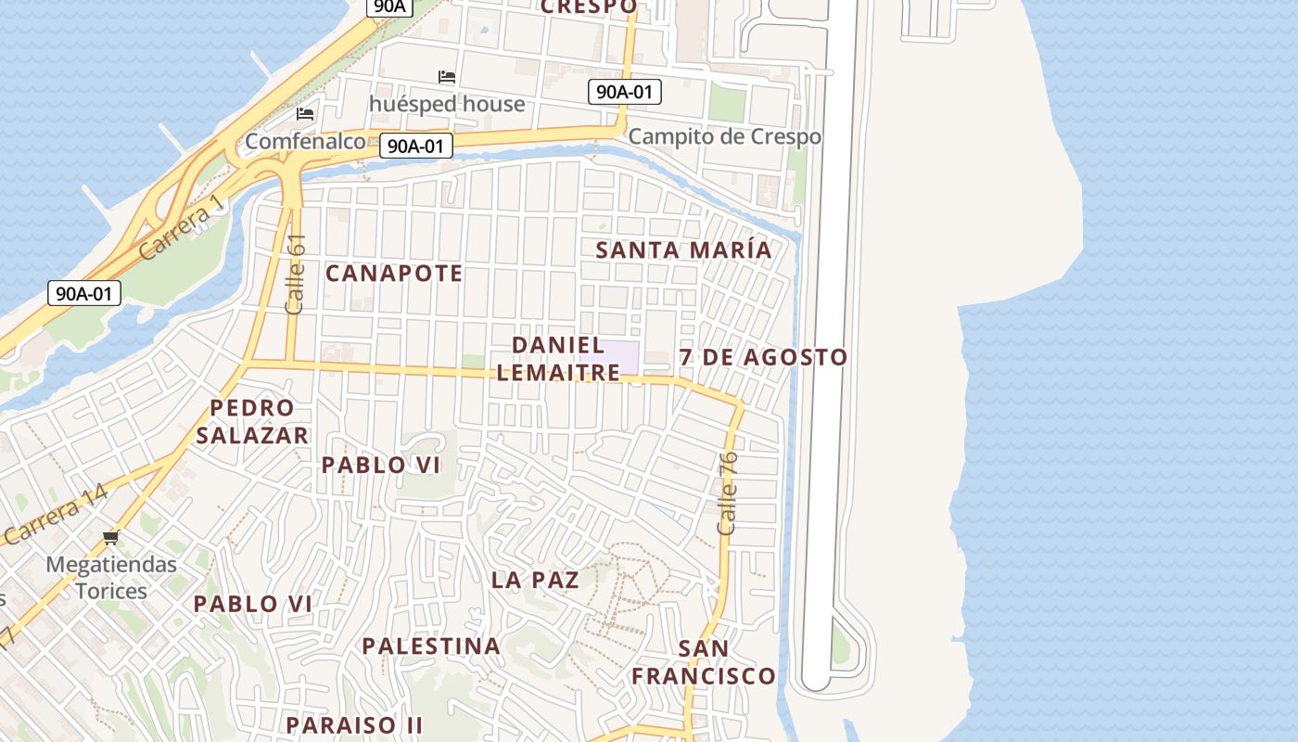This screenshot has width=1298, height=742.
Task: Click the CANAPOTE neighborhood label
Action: click(x=394, y=274)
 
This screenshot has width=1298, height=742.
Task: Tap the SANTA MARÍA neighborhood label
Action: click(x=683, y=250)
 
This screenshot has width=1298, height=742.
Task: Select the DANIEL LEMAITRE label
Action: click(x=557, y=359)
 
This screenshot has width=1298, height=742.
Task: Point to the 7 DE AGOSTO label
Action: click(x=763, y=357)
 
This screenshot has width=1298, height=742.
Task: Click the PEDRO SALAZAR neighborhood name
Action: click(x=251, y=422)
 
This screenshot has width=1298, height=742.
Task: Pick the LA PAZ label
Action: click(x=535, y=581)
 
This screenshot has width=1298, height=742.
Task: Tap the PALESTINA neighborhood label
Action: click(x=431, y=646)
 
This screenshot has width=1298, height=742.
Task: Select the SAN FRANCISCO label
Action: click(x=704, y=662)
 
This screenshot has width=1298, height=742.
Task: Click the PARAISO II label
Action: click(x=354, y=724)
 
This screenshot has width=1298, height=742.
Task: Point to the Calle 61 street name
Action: click(x=297, y=274)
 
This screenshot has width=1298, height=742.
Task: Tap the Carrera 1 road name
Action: click(x=182, y=226)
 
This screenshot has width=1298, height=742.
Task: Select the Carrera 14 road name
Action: click(x=56, y=516)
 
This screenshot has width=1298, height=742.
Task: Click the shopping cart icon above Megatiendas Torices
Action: click(x=111, y=538)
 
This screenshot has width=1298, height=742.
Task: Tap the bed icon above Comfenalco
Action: click(x=305, y=114)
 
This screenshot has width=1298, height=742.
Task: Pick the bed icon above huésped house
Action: click(x=447, y=77)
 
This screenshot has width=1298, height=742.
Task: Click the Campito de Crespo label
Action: click(x=724, y=137)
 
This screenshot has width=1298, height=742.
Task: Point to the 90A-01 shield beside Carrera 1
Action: click(x=84, y=294)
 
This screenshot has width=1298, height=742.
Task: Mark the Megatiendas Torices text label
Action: click(x=111, y=578)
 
